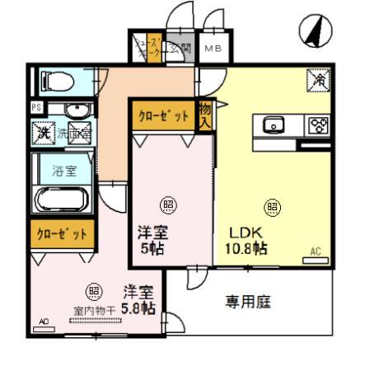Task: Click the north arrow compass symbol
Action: [313, 32]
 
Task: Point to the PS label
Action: [36, 108]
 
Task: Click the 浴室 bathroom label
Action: [63, 173]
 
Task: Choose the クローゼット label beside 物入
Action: [162, 116]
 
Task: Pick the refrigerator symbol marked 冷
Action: [318, 79]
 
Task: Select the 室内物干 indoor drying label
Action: [92, 312]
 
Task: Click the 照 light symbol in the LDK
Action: [270, 206]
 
